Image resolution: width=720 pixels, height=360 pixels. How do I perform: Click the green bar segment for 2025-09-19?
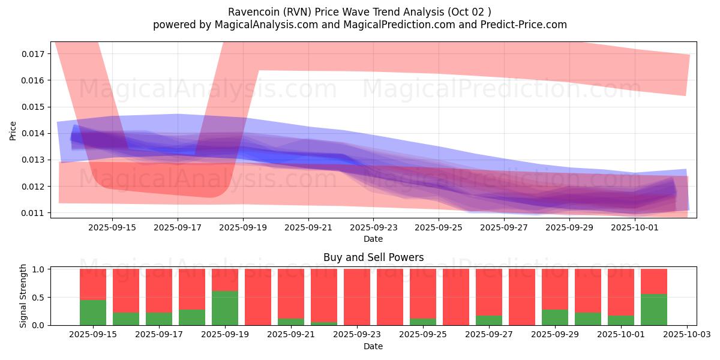click(225, 308)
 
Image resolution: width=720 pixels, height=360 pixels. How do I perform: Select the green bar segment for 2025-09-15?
click(93, 313)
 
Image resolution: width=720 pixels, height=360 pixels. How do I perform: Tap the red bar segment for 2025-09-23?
click(357, 297)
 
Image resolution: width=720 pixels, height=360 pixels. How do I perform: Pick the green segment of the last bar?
click(654, 310)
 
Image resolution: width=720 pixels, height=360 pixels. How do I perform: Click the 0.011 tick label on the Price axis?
click(33, 213)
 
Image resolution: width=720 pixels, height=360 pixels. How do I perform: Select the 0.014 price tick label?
click(33, 133)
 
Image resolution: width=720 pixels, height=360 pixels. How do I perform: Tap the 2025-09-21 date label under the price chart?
click(308, 228)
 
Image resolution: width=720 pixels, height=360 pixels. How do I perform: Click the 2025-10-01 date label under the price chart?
click(635, 228)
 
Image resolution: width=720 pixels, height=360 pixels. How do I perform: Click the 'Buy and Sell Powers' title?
click(373, 257)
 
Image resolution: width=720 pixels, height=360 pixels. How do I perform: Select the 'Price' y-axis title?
click(13, 130)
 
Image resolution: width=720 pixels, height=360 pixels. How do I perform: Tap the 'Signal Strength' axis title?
click(23, 296)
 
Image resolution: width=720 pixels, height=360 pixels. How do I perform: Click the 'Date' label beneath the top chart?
click(373, 239)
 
